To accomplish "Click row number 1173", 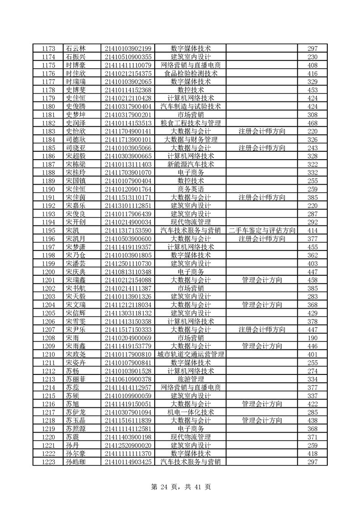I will pyautogui.click(x=48, y=48).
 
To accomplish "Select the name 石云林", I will pyautogui.click(x=76, y=48).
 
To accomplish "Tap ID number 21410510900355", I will pyautogui.click(x=128, y=57).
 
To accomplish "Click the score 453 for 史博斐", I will pyautogui.click(x=312, y=90).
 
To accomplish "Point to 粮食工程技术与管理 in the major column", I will pyautogui.click(x=191, y=123).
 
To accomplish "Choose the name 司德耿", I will pyautogui.click(x=76, y=139).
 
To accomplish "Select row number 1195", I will pyautogui.click(x=48, y=230).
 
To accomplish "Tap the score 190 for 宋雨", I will pyautogui.click(x=312, y=338).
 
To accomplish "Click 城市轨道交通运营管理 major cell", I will pyautogui.click(x=191, y=354).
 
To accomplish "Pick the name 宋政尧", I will pyautogui.click(x=76, y=354).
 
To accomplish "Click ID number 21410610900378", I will pyautogui.click(x=128, y=379).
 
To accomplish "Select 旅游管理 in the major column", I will pyautogui.click(x=191, y=379).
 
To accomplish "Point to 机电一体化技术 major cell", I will pyautogui.click(x=191, y=412).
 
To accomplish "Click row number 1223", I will pyautogui.click(x=48, y=462).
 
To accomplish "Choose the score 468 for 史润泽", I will pyautogui.click(x=312, y=123).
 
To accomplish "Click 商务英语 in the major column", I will pyautogui.click(x=191, y=189).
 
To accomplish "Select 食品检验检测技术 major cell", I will pyautogui.click(x=191, y=73).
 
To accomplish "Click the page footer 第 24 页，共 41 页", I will pyautogui.click(x=181, y=487).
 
